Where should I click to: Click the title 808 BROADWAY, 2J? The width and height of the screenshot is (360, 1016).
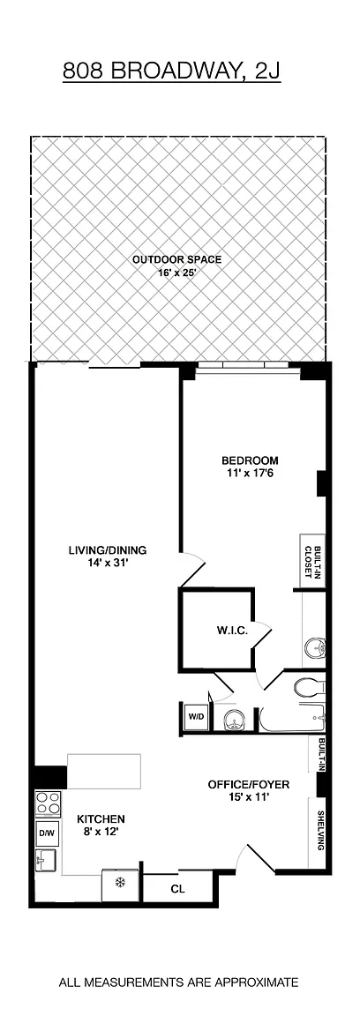click(x=172, y=71)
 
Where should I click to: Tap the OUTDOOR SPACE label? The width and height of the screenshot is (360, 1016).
click(x=177, y=260)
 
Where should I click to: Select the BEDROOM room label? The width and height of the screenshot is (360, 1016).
click(x=250, y=460)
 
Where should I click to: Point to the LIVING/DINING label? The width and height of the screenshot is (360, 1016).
click(x=108, y=550)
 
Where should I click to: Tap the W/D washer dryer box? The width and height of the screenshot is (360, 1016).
click(x=195, y=717)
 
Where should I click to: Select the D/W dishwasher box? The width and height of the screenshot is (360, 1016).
click(x=45, y=833)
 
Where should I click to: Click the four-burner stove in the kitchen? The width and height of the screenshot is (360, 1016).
click(x=48, y=803)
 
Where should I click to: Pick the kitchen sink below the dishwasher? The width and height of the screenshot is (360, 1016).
click(x=46, y=861)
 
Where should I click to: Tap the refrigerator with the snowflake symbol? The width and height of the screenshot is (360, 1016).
click(x=120, y=883)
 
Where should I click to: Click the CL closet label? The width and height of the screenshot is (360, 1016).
click(x=177, y=889)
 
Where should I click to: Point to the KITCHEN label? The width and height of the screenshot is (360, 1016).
click(x=101, y=819)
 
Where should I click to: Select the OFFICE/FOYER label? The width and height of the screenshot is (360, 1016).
click(x=249, y=785)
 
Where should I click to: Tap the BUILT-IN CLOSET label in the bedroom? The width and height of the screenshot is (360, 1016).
click(x=314, y=561)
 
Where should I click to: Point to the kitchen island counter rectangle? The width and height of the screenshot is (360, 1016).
click(x=104, y=771)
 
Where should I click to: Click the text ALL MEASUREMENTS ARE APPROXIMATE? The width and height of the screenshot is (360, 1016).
click(x=179, y=982)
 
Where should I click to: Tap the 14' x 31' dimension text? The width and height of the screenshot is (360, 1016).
click(x=108, y=563)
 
